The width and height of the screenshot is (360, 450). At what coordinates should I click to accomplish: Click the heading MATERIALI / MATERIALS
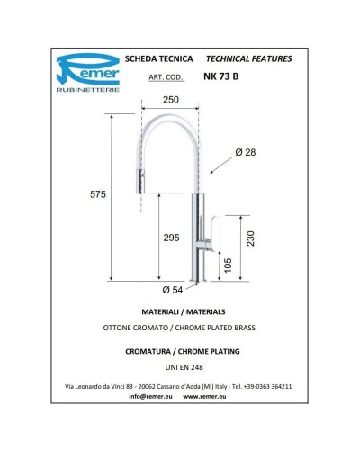coord(180,310)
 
